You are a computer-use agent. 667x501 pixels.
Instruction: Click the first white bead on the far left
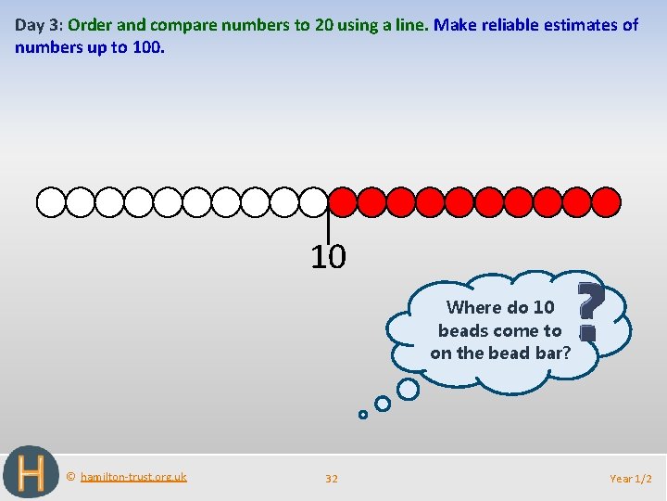point(51,201)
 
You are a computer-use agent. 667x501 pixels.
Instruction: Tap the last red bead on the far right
point(606,201)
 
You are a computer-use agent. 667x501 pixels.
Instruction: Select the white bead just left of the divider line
point(313,201)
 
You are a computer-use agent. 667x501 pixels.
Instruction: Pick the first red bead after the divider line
point(344,201)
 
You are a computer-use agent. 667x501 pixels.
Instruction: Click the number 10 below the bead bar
point(328,257)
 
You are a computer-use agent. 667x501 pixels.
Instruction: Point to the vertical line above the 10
point(329,225)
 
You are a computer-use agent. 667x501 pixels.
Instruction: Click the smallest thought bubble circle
point(363,415)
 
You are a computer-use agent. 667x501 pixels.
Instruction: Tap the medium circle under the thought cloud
point(383,404)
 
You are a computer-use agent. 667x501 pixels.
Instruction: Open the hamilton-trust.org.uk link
point(133,477)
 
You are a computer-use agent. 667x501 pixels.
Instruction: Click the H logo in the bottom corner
point(31,472)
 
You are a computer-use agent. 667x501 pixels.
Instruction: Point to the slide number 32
point(332,479)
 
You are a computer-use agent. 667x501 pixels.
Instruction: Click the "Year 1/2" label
point(631,479)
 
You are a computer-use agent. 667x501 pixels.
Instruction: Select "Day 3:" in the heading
point(38,25)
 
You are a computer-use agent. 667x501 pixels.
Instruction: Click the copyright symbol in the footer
point(71,477)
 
